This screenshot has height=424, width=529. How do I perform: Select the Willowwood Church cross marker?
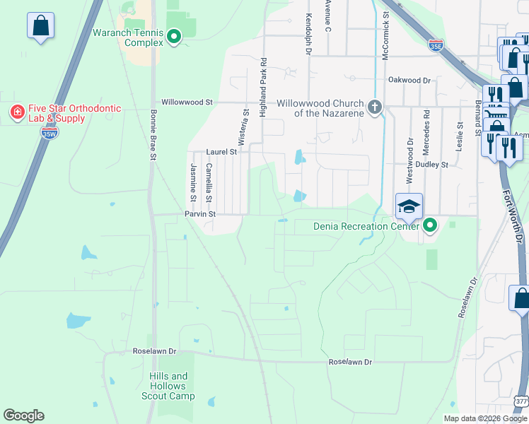pyautogui.click(x=375, y=107)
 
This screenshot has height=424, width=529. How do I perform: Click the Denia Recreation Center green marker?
pyautogui.click(x=429, y=226)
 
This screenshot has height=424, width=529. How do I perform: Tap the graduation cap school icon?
pyautogui.click(x=409, y=206)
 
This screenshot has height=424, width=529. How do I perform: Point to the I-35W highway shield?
pyautogui.click(x=49, y=132)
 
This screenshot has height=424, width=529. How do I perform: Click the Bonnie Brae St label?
pyautogui.click(x=152, y=134)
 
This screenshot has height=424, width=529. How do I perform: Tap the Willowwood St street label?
pyautogui.click(x=187, y=102)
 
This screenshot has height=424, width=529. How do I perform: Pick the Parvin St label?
pyautogui.click(x=199, y=213)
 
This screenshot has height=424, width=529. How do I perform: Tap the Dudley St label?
pyautogui.click(x=433, y=165)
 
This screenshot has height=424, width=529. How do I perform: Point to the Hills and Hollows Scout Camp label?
pyautogui.click(x=168, y=386)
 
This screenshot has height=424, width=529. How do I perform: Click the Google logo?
pyautogui.click(x=23, y=416)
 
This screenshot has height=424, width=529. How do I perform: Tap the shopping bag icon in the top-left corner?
pyautogui.click(x=40, y=25)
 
